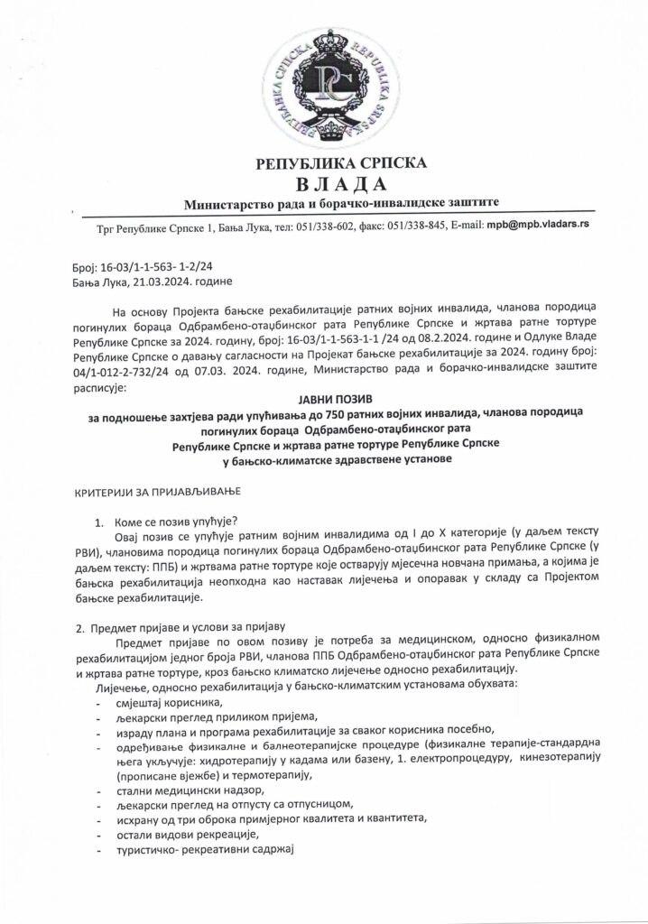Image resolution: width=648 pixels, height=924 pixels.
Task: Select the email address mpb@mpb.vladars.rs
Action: tap(538, 224)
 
